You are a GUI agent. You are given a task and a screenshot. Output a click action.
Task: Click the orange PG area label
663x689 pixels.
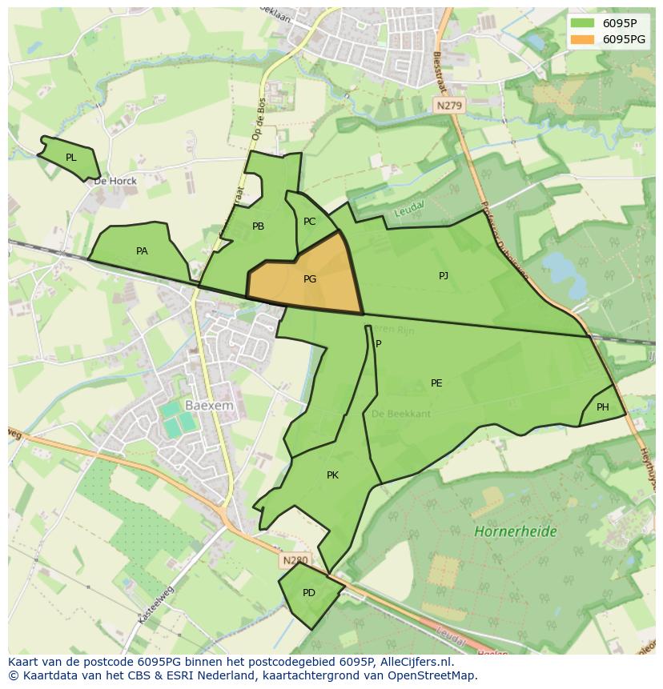coord(310,279)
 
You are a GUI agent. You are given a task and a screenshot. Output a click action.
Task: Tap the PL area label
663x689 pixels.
coord(71,158)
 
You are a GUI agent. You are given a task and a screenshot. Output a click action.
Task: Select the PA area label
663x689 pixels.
coord(142,251)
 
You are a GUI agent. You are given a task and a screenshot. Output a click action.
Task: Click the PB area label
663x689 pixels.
coord(258,226)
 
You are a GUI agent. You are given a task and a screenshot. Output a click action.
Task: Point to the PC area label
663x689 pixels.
coord(309,222)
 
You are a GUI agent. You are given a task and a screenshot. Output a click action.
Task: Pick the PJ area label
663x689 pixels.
coord(444,276)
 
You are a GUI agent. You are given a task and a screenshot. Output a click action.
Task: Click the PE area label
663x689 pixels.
coord(436,383)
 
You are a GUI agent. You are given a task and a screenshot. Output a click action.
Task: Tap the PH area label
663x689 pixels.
coord(603,407)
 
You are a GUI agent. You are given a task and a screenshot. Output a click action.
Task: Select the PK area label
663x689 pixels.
coord(332,475)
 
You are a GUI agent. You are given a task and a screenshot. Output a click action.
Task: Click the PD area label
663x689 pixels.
coord(309,593)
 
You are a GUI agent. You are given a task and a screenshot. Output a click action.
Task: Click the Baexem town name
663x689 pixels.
coord(208,406)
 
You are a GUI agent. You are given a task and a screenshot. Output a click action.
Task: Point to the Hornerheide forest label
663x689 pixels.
coord(516,531)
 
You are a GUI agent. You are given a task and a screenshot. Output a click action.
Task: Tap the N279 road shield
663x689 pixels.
coord(450,105)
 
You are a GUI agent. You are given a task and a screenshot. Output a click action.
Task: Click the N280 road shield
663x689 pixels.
coord(295,562)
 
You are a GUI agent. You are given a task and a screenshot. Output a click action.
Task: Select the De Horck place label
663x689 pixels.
coord(115,181)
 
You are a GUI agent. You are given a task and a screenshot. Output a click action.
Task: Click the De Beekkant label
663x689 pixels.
coord(401,414)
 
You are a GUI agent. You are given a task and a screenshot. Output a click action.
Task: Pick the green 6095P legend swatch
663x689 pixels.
coord(581,22)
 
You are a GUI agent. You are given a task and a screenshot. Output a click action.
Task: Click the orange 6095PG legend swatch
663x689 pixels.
coord(581,39)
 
